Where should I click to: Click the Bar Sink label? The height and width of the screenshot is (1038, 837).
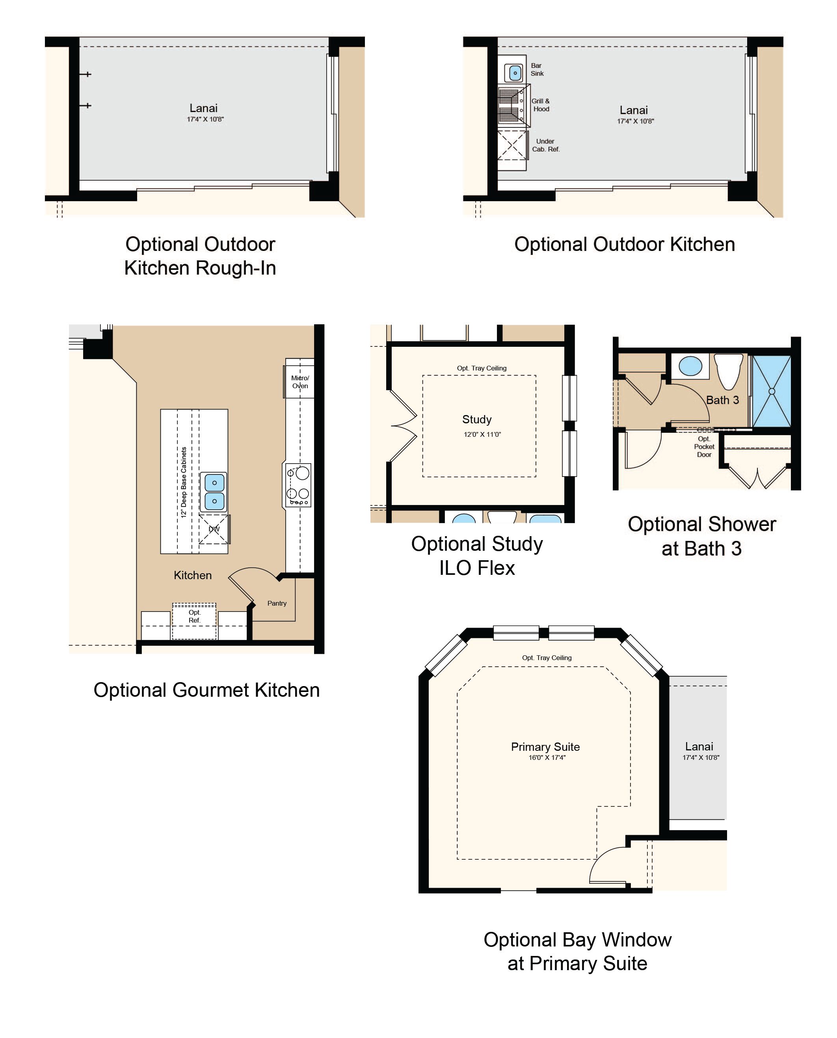coord(537,69)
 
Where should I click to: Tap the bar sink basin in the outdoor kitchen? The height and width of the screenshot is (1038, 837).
coord(515,73)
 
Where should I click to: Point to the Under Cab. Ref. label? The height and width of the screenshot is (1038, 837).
coord(546,145)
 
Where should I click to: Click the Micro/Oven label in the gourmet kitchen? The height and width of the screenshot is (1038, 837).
coord(300,382)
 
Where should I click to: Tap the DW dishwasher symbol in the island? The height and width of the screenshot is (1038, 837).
coord(214,529)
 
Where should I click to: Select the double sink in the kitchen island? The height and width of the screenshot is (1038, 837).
coord(214,492)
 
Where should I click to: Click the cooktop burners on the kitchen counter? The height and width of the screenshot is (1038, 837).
coord(298,485)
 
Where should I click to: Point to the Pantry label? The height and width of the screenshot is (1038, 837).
coord(277,603)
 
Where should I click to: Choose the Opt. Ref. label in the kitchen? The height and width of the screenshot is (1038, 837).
coord(194,616)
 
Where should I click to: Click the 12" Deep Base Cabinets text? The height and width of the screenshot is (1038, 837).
coord(184,482)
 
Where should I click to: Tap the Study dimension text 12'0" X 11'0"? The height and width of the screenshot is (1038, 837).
coord(482,434)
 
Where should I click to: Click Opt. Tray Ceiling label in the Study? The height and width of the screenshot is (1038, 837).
coord(482,368)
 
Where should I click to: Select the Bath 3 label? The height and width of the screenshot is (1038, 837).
coord(722,400)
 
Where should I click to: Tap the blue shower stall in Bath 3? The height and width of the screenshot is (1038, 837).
coord(772,391)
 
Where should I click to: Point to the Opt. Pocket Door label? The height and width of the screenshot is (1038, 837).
coord(704,447)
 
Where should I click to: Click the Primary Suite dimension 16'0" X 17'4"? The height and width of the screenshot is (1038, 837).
coord(547,757)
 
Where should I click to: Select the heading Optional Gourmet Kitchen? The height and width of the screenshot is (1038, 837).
coord(206,690)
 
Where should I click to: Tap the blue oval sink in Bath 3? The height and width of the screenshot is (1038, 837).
coord(690,366)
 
